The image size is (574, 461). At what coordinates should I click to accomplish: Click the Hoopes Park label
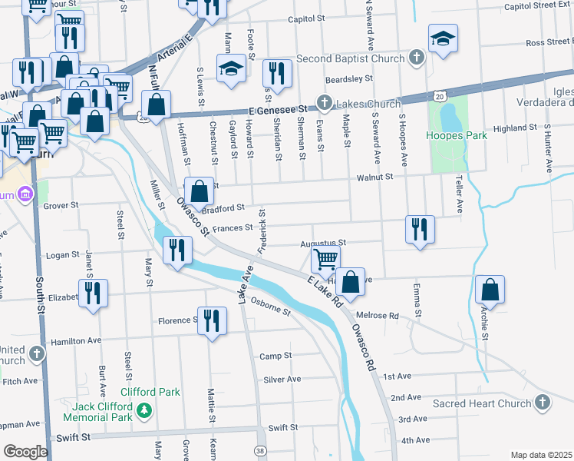pyautogui.click(x=458, y=136)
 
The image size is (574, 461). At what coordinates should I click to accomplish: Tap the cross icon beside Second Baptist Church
pyautogui.click(x=416, y=58)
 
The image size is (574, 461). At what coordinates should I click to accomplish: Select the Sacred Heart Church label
pyautogui.click(x=480, y=403)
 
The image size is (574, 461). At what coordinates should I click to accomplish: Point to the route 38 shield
pyautogui.click(x=261, y=450)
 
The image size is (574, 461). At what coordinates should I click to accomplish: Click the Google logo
pyautogui.click(x=25, y=451)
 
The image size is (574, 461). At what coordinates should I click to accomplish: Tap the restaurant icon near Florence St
pyautogui.click(x=212, y=320)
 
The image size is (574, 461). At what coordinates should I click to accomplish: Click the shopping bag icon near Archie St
pyautogui.click(x=490, y=290)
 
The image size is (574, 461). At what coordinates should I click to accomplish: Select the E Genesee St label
pyautogui.click(x=275, y=109)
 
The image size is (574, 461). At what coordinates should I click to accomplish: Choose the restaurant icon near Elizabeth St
pyautogui.click(x=93, y=293)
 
